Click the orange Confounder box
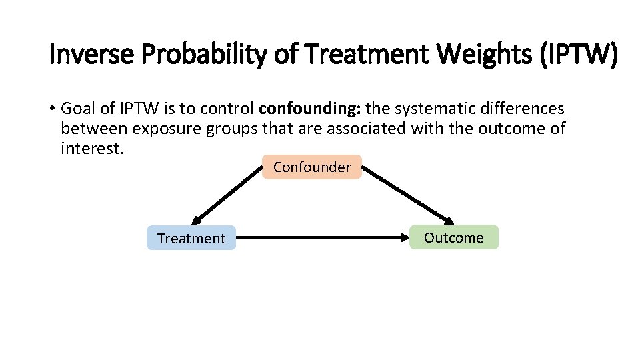point(312,167)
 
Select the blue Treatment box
point(191,238)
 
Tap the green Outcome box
point(453,237)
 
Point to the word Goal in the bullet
point(78,108)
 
